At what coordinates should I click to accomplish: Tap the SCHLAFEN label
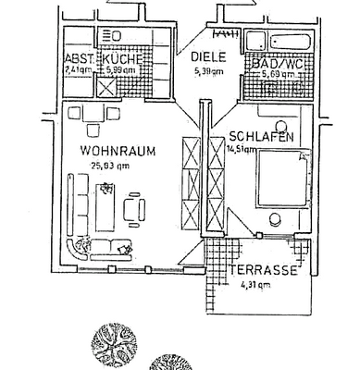262,136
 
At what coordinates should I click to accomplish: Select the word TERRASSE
264,271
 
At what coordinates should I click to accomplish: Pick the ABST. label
78,58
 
